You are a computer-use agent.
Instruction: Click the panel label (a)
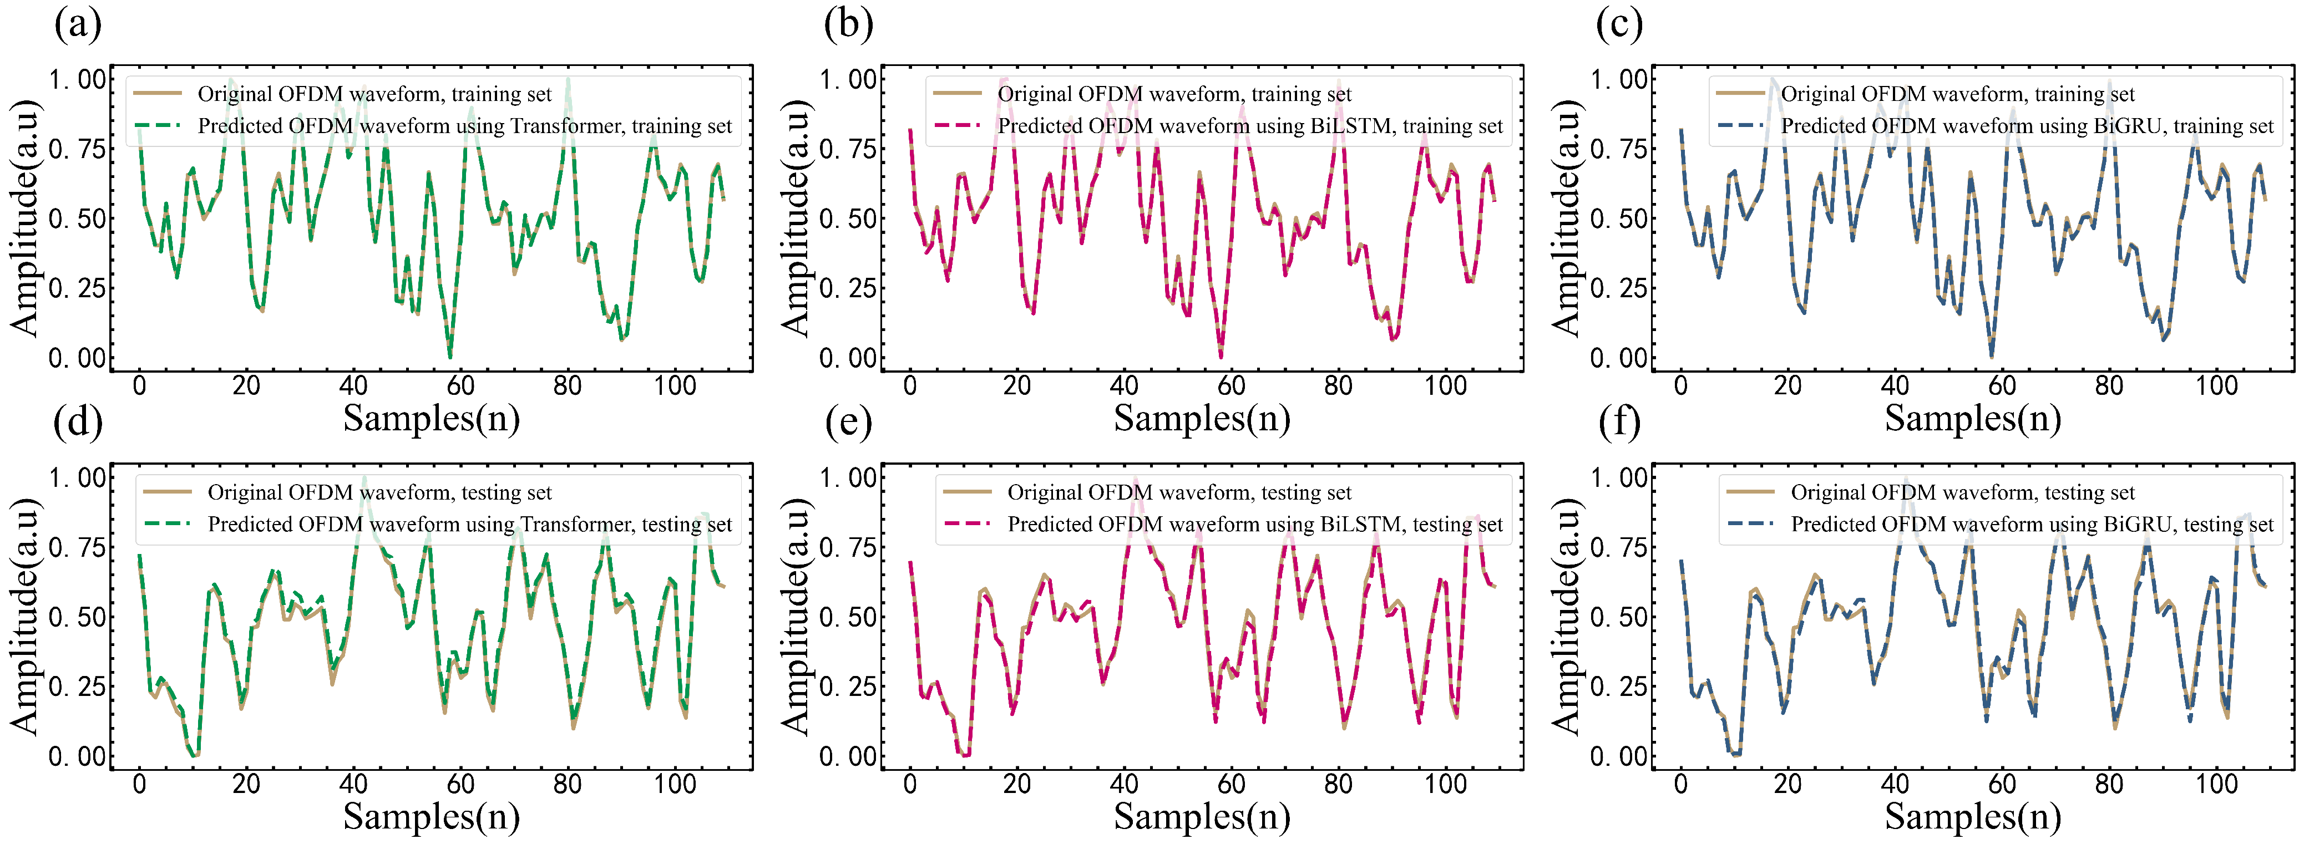[x=78, y=24]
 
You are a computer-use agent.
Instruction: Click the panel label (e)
[x=848, y=422]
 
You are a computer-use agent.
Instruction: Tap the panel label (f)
[x=1619, y=422]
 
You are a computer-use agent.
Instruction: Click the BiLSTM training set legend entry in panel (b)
[x=1249, y=126]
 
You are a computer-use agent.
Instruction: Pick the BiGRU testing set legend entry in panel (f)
[x=2031, y=524]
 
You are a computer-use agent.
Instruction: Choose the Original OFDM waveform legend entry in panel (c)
[x=1957, y=94]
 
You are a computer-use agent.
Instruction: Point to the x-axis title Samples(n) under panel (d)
[x=431, y=816]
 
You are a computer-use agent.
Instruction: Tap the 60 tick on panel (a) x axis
[x=460, y=387]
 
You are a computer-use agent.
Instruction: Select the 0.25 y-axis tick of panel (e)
[x=848, y=687]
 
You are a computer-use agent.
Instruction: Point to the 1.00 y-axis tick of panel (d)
[x=77, y=479]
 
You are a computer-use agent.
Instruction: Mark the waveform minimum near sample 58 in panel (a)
[x=450, y=357]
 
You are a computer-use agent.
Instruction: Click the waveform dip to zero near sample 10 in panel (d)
[x=194, y=755]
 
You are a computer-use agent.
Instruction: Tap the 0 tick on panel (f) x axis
[x=1680, y=784]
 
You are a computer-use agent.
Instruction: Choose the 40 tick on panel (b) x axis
[x=1125, y=387]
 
